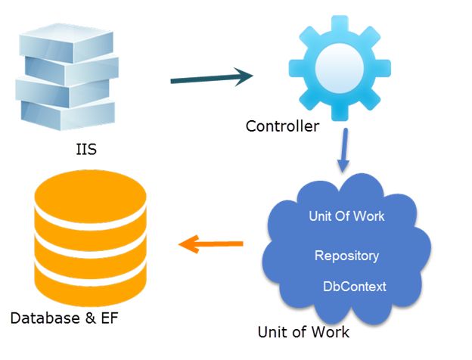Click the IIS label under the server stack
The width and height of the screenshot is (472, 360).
point(85,150)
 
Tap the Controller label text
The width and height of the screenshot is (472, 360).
point(282,126)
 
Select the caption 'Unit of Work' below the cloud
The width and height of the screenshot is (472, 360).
point(303,332)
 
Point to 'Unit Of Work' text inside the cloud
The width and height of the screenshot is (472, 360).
point(346,216)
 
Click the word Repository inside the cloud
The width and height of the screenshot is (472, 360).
point(346,256)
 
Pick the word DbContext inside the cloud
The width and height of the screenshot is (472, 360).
point(355,287)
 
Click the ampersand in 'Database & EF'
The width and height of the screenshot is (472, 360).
point(84,318)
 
